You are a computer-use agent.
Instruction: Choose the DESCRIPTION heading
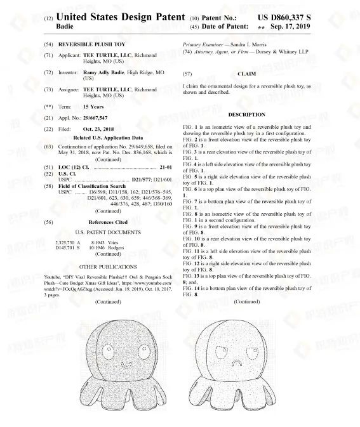point(246,114)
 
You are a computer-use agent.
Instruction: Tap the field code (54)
point(48,46)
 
